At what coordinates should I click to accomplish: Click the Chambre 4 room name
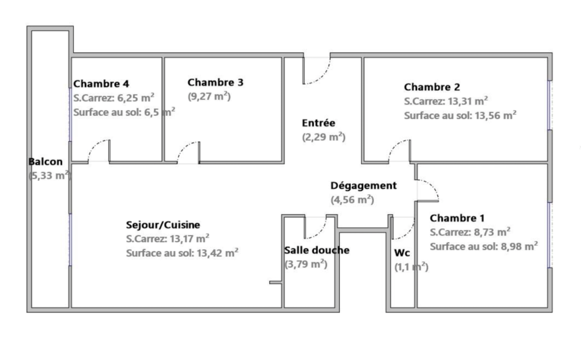[101, 84]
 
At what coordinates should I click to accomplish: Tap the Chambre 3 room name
[215, 82]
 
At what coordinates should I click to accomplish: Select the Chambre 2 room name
[432, 87]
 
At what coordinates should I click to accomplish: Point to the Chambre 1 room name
[457, 218]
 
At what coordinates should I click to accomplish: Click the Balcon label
[45, 162]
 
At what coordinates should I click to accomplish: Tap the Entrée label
[318, 123]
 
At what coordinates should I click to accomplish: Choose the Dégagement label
[364, 185]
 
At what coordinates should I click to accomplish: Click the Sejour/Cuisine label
[163, 225]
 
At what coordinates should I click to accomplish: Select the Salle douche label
[317, 250]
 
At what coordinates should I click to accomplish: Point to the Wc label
[402, 253]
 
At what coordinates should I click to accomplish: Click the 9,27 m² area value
[209, 97]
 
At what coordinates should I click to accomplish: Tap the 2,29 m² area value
[323, 137]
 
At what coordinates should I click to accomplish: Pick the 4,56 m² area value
[352, 200]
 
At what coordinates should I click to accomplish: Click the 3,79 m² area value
[306, 265]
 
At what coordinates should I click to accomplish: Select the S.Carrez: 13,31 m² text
[446, 101]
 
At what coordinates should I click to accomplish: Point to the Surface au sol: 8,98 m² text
[484, 246]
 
